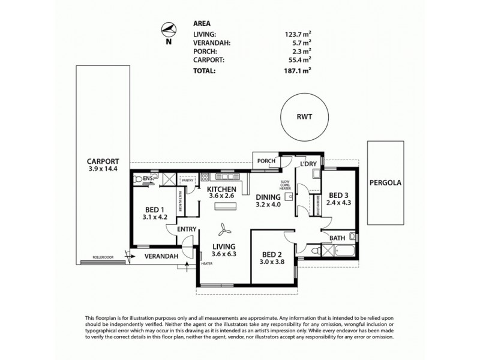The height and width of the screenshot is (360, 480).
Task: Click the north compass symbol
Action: click(x=169, y=29)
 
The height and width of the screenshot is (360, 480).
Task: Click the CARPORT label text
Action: click(x=103, y=161)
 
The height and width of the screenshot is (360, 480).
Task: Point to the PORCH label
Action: click(x=266, y=161)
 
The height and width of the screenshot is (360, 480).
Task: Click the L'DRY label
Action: click(x=308, y=164)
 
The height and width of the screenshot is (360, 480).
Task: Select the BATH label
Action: click(x=337, y=238)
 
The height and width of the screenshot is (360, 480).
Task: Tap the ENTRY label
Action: click(x=186, y=229)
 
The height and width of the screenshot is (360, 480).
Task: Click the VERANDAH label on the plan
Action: click(x=163, y=257)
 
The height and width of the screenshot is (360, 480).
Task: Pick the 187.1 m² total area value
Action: click(x=299, y=70)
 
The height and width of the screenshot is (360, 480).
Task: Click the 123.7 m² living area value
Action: click(x=299, y=35)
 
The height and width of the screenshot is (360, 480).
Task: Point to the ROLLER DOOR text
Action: click(x=103, y=257)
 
